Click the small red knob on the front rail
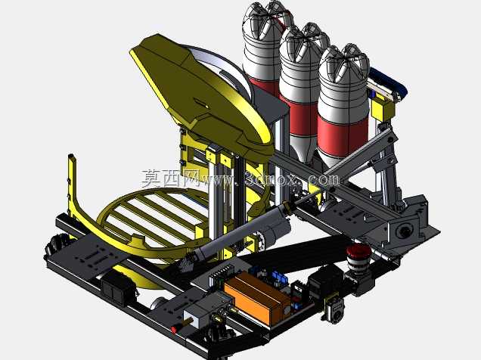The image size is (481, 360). coord(174,330)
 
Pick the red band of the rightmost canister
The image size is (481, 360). coord(343,132)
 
